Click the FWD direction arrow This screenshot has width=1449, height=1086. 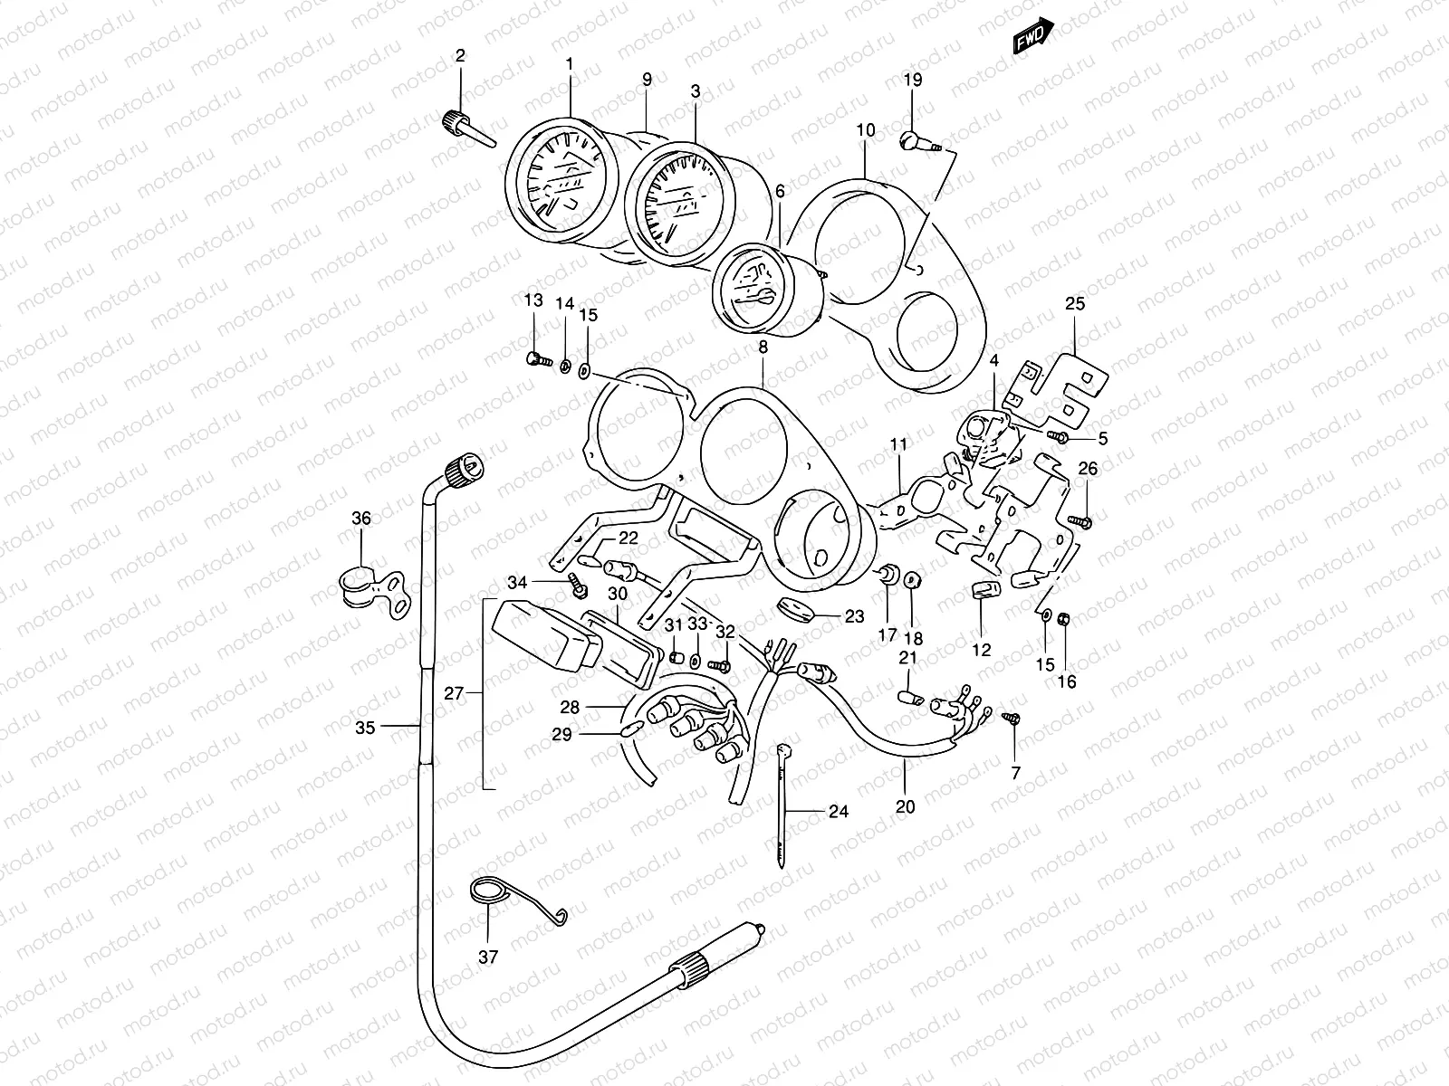(x=1033, y=33)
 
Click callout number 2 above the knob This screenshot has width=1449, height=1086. (x=460, y=56)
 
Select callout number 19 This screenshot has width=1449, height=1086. (x=912, y=80)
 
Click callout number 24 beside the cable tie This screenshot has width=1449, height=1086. (x=838, y=811)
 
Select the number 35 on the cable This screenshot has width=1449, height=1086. (x=365, y=727)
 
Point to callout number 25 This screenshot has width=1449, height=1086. (x=1074, y=303)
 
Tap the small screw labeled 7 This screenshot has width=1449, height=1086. (x=1013, y=719)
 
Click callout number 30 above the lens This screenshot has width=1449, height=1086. (x=617, y=594)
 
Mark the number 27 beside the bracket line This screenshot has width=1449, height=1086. (x=454, y=694)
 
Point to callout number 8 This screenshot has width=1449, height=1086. (x=763, y=347)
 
